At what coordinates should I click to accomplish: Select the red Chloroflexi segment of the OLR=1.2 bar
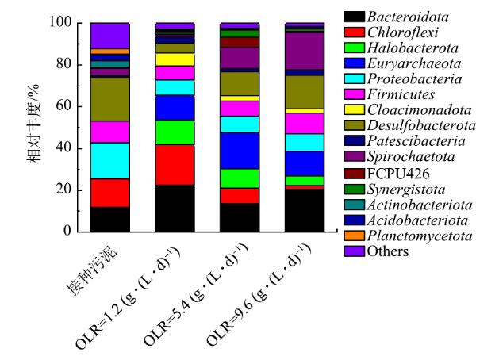(174, 165)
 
